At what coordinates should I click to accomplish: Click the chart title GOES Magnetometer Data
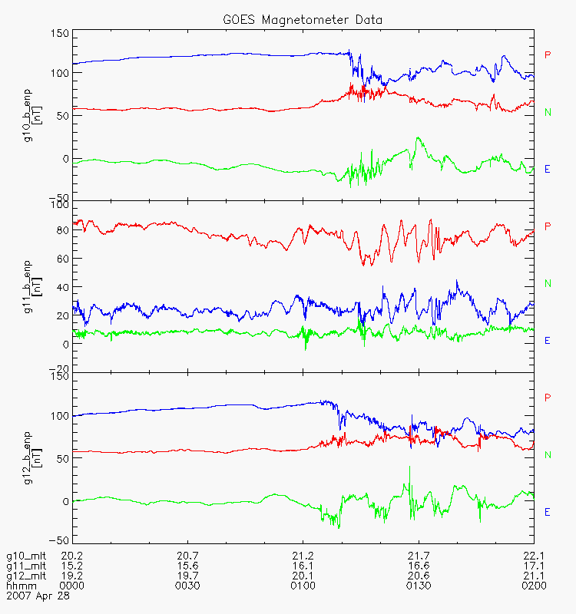coord(303,20)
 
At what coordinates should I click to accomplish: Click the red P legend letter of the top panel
coord(548,54)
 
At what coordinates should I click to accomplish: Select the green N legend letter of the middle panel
coord(548,283)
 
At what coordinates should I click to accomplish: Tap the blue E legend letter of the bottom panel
coord(548,512)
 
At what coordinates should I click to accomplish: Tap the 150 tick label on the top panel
coord(60,33)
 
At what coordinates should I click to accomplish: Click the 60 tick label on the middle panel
coord(63,259)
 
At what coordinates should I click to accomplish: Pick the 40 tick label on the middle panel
coord(63,287)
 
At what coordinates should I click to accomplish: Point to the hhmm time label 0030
coord(187,586)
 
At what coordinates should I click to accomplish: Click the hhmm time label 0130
coord(419,586)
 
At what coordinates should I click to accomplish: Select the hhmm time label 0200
coord(534,586)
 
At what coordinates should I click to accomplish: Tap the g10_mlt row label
coord(26,556)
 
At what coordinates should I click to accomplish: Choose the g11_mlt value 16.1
coord(303,566)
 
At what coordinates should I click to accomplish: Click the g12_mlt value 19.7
coord(187,576)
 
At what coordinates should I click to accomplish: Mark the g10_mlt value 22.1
coord(534,556)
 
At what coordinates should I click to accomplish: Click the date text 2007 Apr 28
coord(38,596)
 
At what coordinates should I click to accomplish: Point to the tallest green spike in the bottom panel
coord(410,467)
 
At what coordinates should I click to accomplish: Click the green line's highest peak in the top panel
coord(419,137)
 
